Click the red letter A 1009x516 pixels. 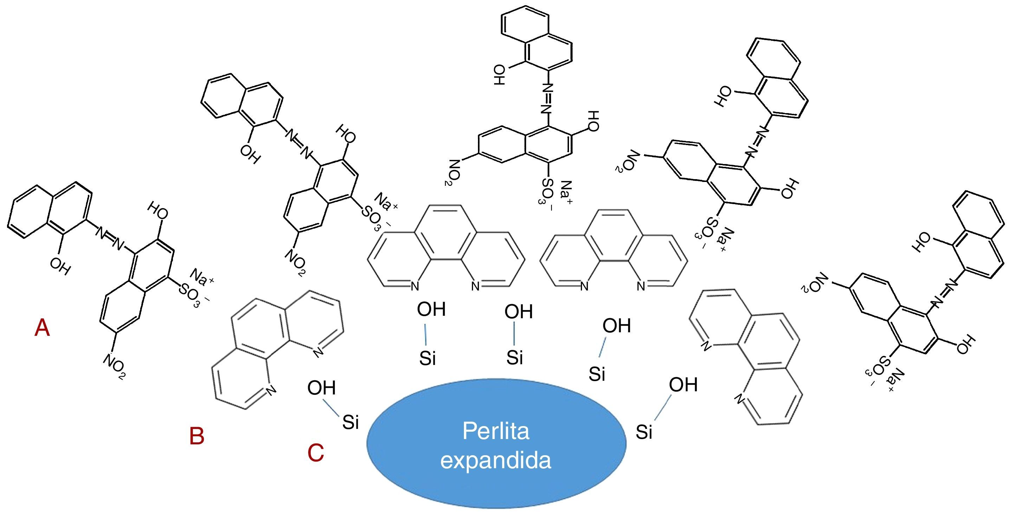tap(42, 328)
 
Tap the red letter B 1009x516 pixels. tap(196, 436)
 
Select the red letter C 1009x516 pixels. tap(316, 453)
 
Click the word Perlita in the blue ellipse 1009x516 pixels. tap(496, 431)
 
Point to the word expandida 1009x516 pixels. tap(496, 461)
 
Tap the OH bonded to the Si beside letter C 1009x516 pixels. tap(322, 388)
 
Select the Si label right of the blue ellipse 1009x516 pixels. tap(644, 432)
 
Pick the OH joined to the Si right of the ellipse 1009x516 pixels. tap(683, 385)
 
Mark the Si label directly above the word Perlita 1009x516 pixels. tap(515, 357)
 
